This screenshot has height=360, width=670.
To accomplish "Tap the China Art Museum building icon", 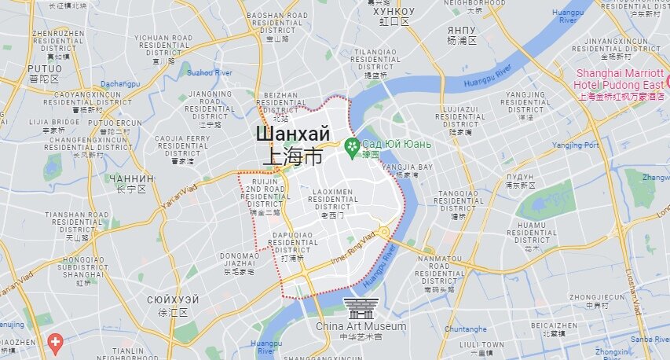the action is pyautogui.click(x=361, y=307).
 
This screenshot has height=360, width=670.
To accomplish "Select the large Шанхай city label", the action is pyautogui.click(x=291, y=134).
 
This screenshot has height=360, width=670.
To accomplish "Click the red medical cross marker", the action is pyautogui.click(x=55, y=342).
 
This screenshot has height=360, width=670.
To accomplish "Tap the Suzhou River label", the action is pyautogui.click(x=210, y=72).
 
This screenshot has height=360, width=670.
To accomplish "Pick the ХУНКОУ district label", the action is pyautogui.click(x=394, y=12).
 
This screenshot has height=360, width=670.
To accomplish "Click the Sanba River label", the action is pyautogui.click(x=650, y=339).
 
